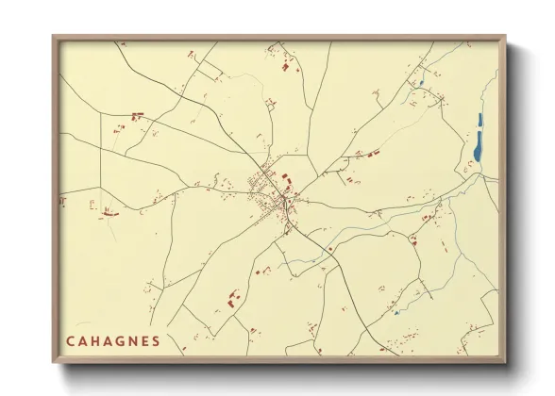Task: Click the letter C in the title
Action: [x=71, y=340]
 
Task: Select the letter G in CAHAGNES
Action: [x=126, y=340]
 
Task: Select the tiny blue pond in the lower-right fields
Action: [x=397, y=312]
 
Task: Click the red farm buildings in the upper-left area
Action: [x=137, y=116]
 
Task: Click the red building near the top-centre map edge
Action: [x=284, y=65]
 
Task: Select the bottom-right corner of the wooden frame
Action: [x=504, y=361]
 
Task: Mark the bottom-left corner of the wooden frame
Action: [x=54, y=361]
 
